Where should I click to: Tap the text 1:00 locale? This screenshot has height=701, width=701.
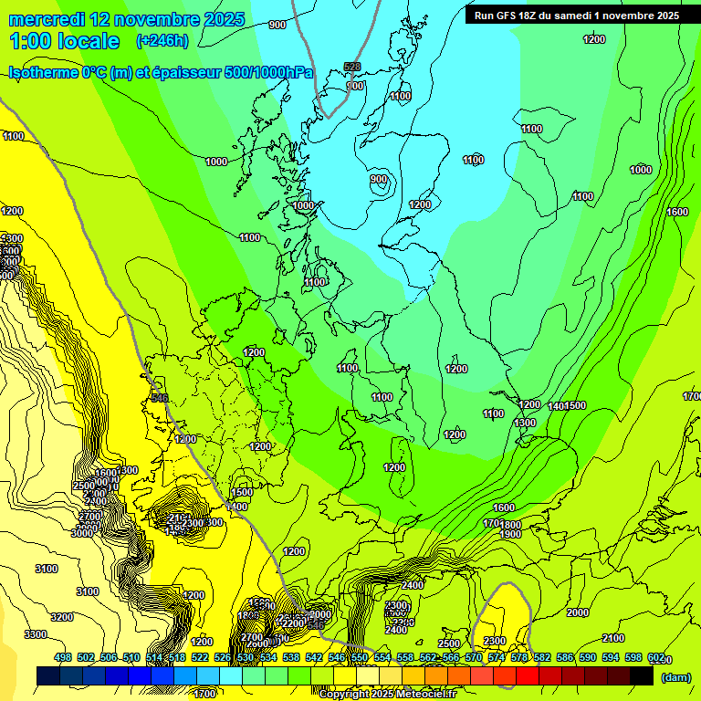(x=64, y=41)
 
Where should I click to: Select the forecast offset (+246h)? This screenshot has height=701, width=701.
(x=162, y=41)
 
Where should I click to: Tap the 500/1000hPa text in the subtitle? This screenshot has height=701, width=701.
(x=268, y=73)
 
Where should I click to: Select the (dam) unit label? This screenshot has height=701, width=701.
(x=675, y=676)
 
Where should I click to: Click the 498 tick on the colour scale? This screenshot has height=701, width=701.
(x=63, y=658)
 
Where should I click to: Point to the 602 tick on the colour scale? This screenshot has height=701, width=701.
(x=656, y=658)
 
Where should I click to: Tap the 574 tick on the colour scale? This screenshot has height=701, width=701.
(x=496, y=658)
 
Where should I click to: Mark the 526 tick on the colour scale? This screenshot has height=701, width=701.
(x=222, y=658)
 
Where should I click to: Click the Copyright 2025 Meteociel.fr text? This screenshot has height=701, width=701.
(x=387, y=694)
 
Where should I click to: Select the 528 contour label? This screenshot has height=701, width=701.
(x=352, y=67)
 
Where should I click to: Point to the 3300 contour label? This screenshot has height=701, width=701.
(x=36, y=634)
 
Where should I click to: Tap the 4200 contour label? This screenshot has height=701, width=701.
(x=194, y=595)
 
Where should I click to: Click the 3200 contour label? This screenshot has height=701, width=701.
(x=62, y=617)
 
